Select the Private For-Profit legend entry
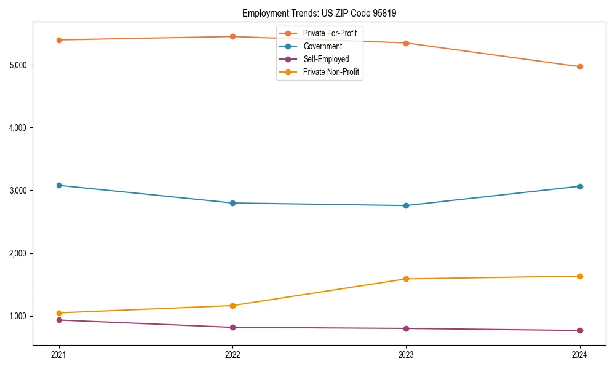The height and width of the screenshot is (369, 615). (x=330, y=33)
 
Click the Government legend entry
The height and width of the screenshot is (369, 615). (x=322, y=46)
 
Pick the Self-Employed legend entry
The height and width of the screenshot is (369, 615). (x=326, y=59)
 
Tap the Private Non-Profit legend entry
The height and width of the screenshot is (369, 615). (x=331, y=73)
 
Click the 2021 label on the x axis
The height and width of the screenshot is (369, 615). (x=59, y=354)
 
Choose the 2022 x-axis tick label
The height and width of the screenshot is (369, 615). (x=232, y=354)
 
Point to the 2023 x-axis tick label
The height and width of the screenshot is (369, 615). (x=406, y=354)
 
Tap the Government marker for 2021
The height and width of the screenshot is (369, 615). (x=59, y=185)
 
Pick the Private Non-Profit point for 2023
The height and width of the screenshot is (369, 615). (x=406, y=279)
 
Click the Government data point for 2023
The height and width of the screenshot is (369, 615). (x=406, y=205)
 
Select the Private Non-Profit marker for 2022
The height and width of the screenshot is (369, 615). (x=232, y=306)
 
